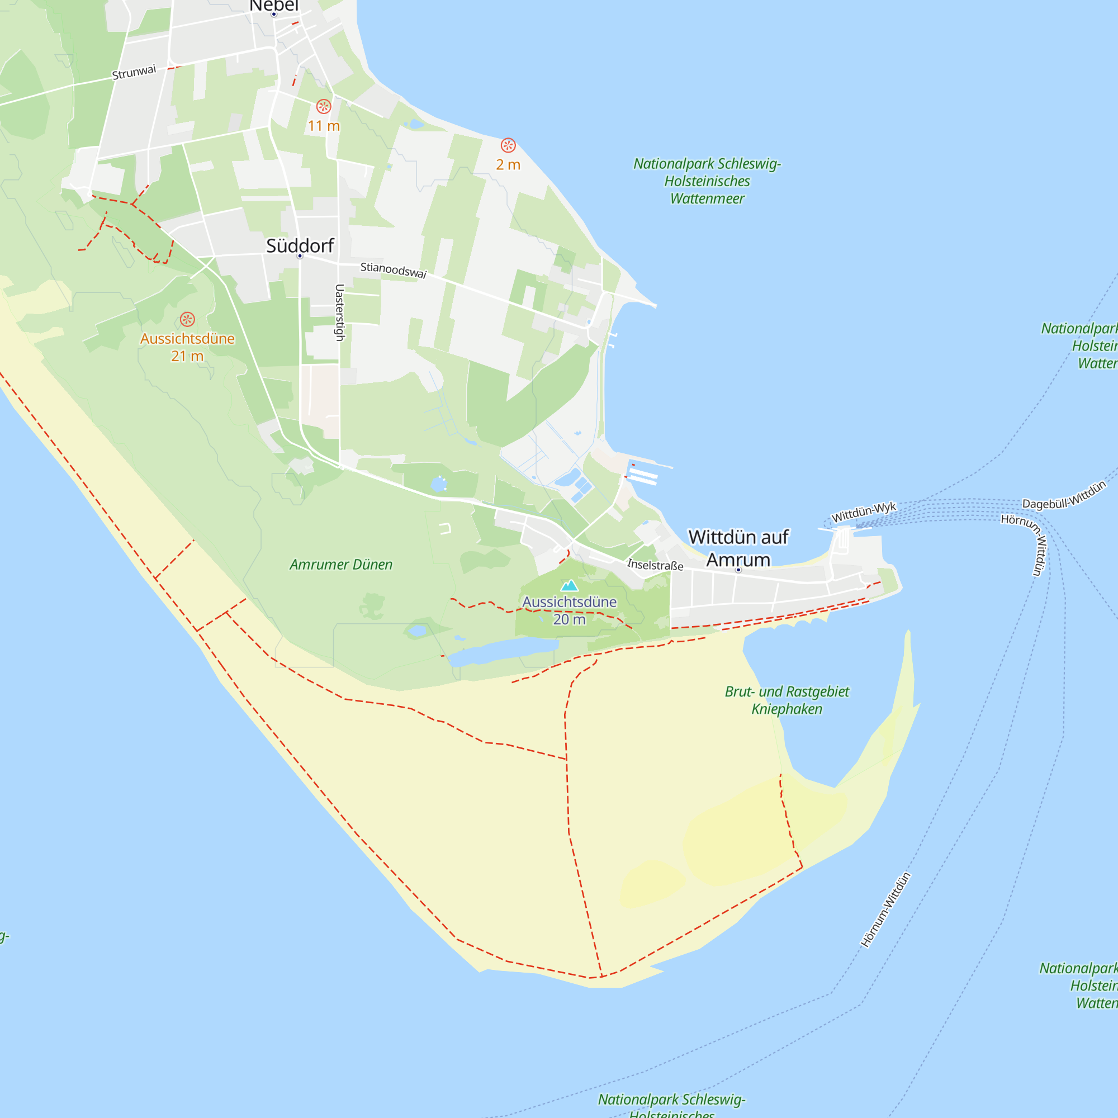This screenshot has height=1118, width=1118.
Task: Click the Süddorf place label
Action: (300, 245)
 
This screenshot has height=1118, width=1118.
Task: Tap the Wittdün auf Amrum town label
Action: (738, 548)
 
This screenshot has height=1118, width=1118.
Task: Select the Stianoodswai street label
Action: (394, 269)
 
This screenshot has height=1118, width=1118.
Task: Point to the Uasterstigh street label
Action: (340, 312)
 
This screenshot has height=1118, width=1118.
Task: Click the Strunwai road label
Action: (134, 72)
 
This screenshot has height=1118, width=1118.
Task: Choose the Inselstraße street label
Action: (655, 564)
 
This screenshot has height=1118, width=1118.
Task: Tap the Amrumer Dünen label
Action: (341, 564)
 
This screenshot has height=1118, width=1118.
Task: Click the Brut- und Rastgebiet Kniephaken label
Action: (787, 700)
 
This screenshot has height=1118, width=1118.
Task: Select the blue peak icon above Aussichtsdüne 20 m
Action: (570, 586)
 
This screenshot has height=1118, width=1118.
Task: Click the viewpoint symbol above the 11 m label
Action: (324, 106)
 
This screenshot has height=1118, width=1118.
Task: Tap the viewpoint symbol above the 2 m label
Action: (508, 145)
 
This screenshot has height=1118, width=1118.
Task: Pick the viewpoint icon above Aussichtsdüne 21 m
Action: (187, 319)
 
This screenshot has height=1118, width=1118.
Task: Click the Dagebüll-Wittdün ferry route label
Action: (1064, 496)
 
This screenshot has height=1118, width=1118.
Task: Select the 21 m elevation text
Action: (187, 356)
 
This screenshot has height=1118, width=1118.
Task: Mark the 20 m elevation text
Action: (570, 619)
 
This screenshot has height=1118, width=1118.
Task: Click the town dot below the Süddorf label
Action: (300, 256)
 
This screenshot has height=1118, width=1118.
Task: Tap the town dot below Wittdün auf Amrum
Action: (738, 570)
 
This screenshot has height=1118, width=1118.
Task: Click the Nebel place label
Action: (274, 5)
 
